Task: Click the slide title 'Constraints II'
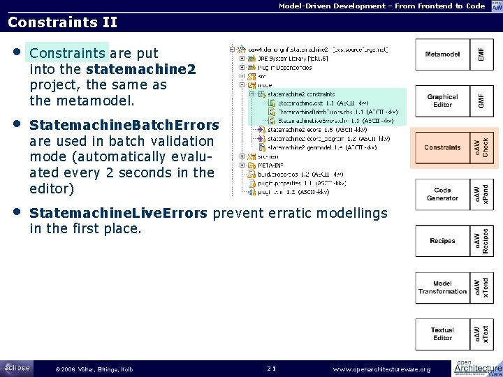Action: coord(62,22)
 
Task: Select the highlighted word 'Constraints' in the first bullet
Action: coord(67,53)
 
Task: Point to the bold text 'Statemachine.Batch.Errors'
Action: coord(124,125)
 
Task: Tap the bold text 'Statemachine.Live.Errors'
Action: coord(119,212)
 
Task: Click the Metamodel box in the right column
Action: coord(443,53)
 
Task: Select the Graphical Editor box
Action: coord(443,101)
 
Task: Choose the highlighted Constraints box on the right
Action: coord(443,147)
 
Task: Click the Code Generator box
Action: coord(443,194)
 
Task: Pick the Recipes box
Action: coord(443,241)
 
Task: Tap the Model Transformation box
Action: coord(443,287)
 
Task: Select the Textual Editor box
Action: coord(443,334)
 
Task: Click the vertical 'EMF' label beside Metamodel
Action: coord(481,53)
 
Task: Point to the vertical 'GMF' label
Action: coord(481,101)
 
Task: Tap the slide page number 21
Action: coord(272,368)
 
